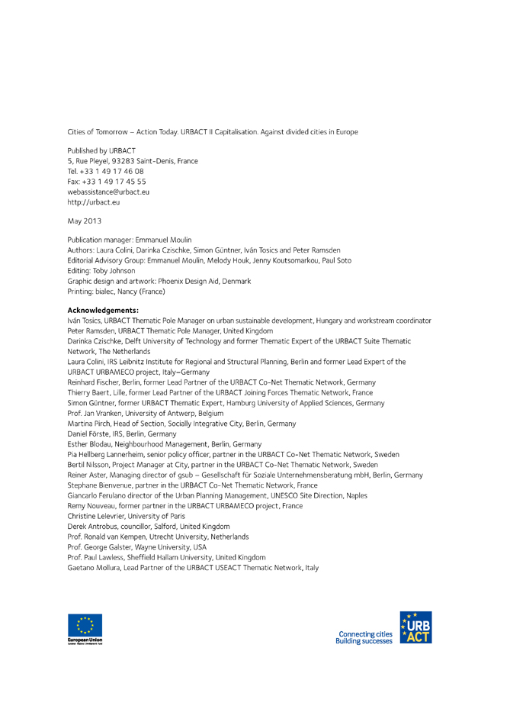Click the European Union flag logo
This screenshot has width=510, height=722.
84,628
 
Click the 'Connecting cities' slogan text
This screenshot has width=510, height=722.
367,633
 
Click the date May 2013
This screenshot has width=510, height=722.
84,221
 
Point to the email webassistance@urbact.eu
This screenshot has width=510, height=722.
108,192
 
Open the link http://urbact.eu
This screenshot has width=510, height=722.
94,202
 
